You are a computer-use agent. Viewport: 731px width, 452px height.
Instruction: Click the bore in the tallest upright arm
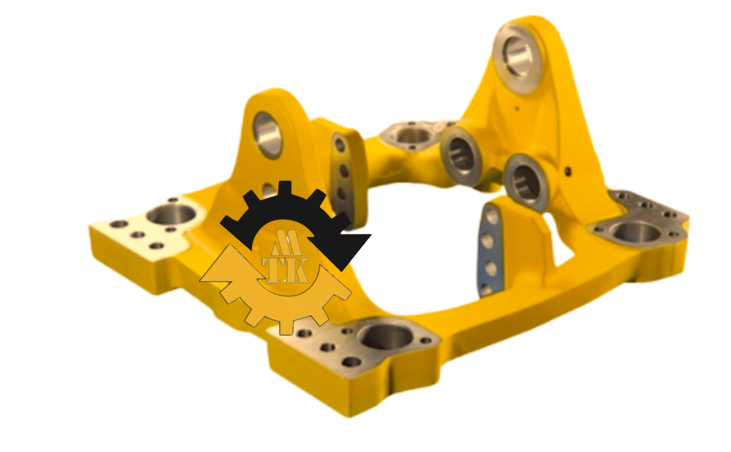click(518, 57)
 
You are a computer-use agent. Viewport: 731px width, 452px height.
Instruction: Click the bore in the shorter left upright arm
click(268, 134)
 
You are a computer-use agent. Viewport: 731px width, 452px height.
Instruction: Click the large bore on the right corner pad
click(636, 233)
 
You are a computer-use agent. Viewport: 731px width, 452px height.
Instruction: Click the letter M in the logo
click(286, 244)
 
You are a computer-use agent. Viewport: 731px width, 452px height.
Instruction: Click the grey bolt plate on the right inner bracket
click(489, 251)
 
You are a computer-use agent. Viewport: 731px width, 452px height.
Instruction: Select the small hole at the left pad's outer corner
click(120, 224)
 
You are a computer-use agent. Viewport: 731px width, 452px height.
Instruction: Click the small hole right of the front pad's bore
click(426, 341)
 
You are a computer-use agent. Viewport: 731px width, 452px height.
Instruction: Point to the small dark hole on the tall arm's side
click(568, 172)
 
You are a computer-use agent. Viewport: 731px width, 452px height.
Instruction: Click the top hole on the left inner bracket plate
click(339, 145)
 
